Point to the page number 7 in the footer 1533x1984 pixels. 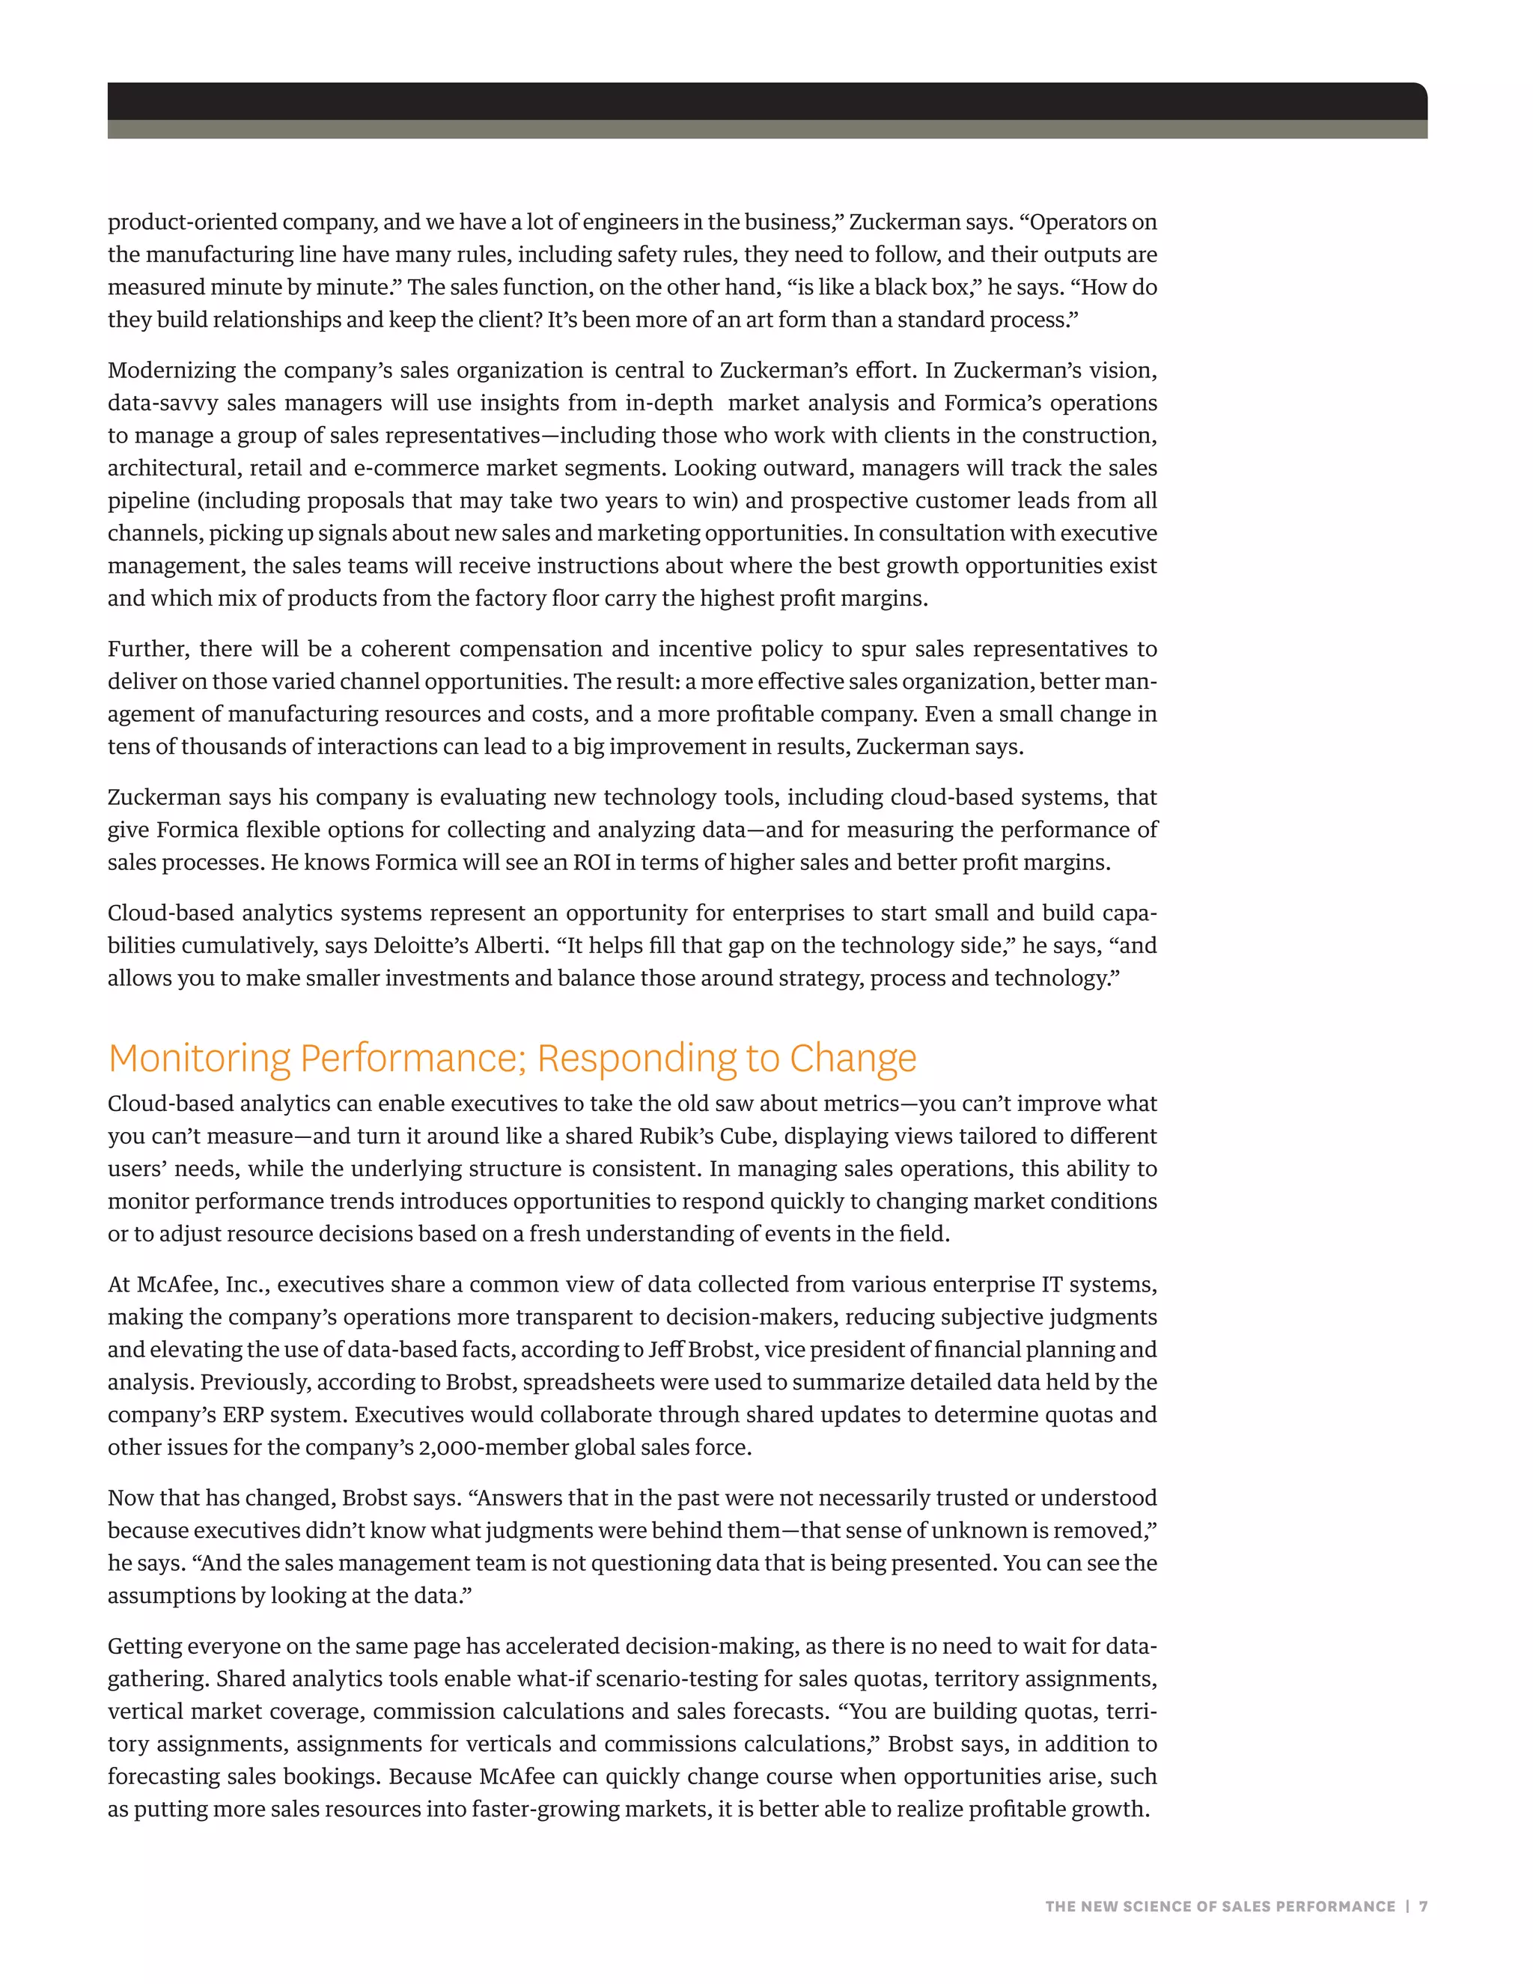(x=1423, y=1906)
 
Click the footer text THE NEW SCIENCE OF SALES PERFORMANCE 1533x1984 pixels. (x=1219, y=1906)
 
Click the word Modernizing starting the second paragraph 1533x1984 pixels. (x=173, y=371)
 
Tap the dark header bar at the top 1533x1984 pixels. (x=766, y=102)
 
